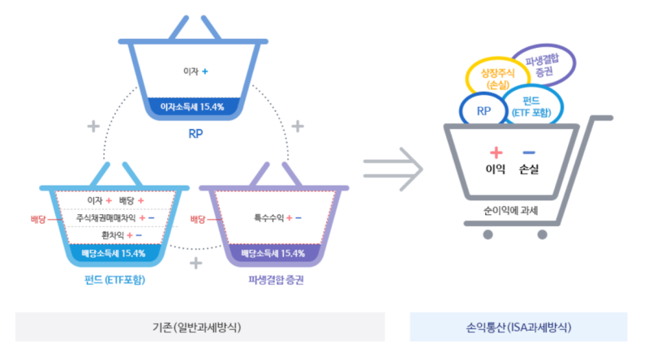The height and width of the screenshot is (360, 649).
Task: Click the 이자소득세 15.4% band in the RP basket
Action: [x=194, y=106]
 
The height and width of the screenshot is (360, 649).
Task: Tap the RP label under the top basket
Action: [x=195, y=133]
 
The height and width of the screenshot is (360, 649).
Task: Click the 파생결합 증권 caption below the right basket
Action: [x=276, y=280]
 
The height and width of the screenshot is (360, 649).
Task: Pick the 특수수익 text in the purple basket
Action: [x=268, y=217]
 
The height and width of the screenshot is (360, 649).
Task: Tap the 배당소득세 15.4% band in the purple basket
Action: [x=274, y=253]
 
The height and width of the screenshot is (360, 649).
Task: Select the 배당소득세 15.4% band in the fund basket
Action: [x=114, y=253]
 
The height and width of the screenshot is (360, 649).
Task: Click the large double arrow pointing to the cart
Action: [x=393, y=169]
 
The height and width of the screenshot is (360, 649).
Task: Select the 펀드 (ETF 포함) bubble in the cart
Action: [x=531, y=106]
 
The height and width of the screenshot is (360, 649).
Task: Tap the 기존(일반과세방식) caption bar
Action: [x=200, y=328]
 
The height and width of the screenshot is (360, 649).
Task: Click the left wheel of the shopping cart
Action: [x=488, y=235]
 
